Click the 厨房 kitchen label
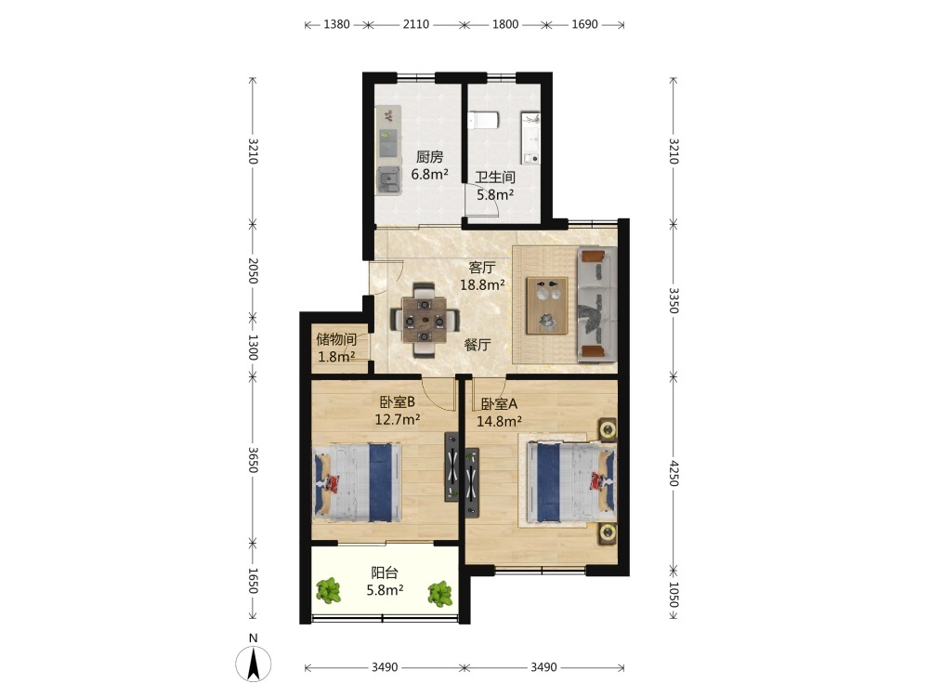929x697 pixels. click(429, 157)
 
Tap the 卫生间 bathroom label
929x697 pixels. click(495, 178)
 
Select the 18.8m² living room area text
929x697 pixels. click(482, 284)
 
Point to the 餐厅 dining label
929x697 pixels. click(478, 345)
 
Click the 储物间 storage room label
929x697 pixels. click(336, 339)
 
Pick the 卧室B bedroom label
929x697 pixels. click(397, 401)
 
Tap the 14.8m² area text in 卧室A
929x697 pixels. click(500, 421)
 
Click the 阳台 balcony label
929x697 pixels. click(385, 572)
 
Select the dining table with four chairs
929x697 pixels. click(425, 320)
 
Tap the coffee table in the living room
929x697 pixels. click(547, 305)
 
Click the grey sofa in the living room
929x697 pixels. click(597, 305)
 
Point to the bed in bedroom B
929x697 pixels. click(358, 482)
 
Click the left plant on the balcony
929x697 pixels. click(328, 591)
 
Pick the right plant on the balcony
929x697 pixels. click(440, 593)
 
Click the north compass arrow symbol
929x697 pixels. click(254, 664)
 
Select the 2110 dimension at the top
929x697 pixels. click(416, 24)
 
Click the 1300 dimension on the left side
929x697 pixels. click(253, 348)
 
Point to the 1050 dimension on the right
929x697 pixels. click(673, 595)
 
